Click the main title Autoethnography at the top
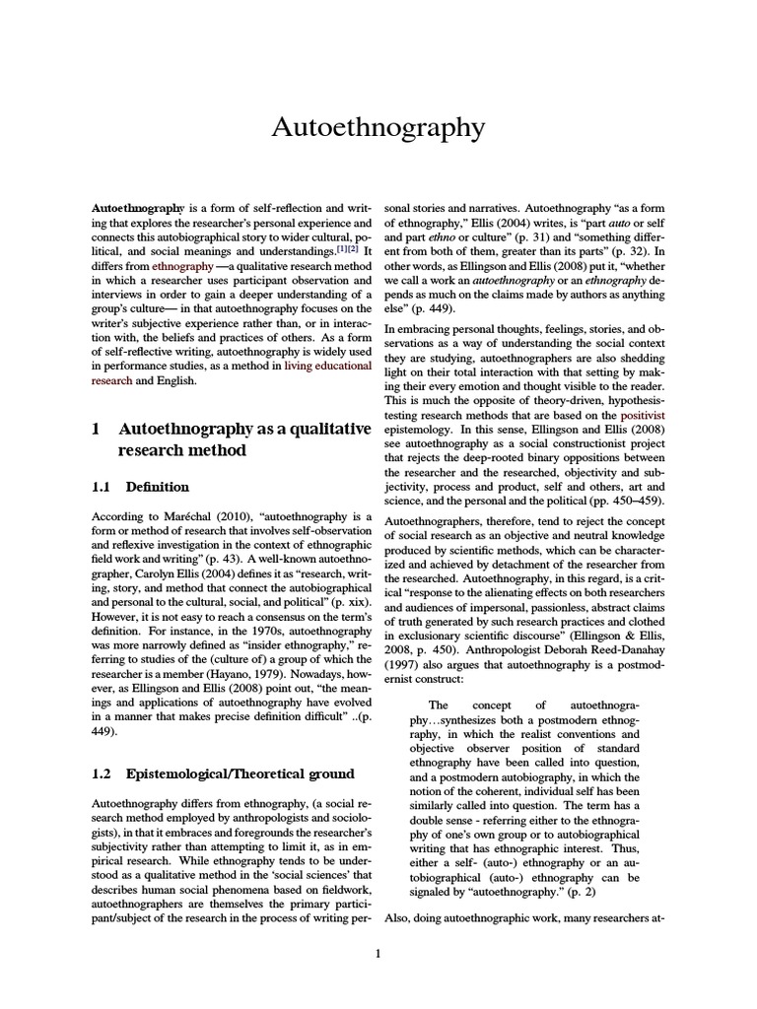[x=378, y=128]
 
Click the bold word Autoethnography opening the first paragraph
[x=137, y=210]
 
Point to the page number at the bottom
[x=378, y=953]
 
